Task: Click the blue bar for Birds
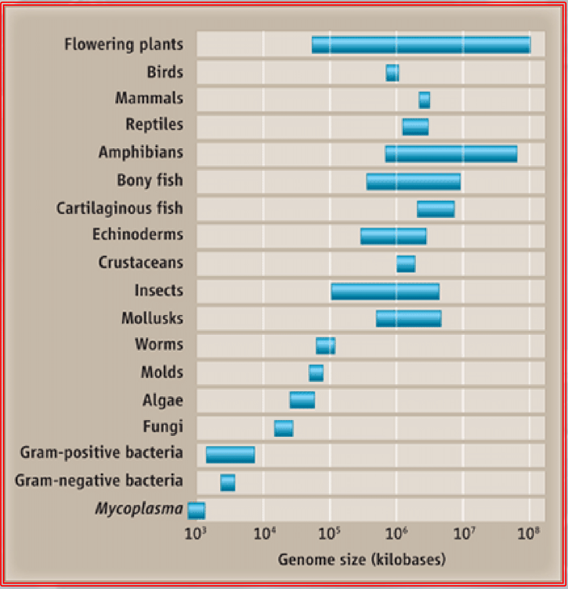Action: coord(392,73)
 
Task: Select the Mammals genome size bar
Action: coord(424,100)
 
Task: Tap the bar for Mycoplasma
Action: coord(196,510)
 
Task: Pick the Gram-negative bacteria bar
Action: coord(228,482)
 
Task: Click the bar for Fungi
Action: coord(284,428)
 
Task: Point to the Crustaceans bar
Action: coord(406,264)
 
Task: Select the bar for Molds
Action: coord(316,373)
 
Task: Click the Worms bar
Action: coord(325,346)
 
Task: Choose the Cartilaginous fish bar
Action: coord(436,209)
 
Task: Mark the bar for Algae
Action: coord(302,400)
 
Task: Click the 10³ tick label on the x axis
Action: coord(194,534)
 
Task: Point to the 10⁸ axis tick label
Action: coord(528,534)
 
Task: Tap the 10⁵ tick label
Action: coord(329,534)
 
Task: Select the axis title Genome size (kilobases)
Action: coord(361,559)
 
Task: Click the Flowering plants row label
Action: coord(124,44)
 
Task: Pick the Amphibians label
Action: coord(141,152)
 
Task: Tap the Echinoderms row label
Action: coord(138,234)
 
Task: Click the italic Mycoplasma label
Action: coord(139,509)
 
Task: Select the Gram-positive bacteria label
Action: coord(102,453)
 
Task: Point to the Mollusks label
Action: coord(152,318)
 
